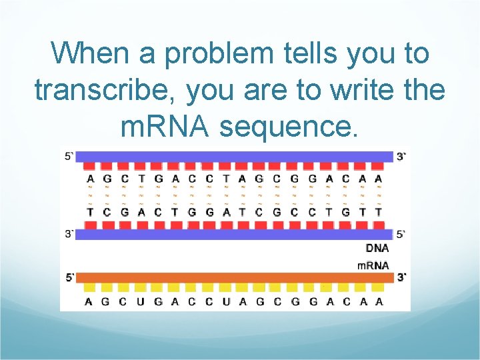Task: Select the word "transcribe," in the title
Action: coord(106,90)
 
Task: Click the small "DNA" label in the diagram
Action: coord(377,248)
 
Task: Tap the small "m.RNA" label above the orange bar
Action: coord(373,265)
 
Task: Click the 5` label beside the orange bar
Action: coord(70,277)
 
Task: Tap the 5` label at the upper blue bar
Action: coord(70,157)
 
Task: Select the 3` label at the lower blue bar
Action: coord(70,234)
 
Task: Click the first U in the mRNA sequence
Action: coord(141,301)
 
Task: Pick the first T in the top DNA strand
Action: coord(141,179)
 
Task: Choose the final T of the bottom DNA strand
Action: coord(379,212)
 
